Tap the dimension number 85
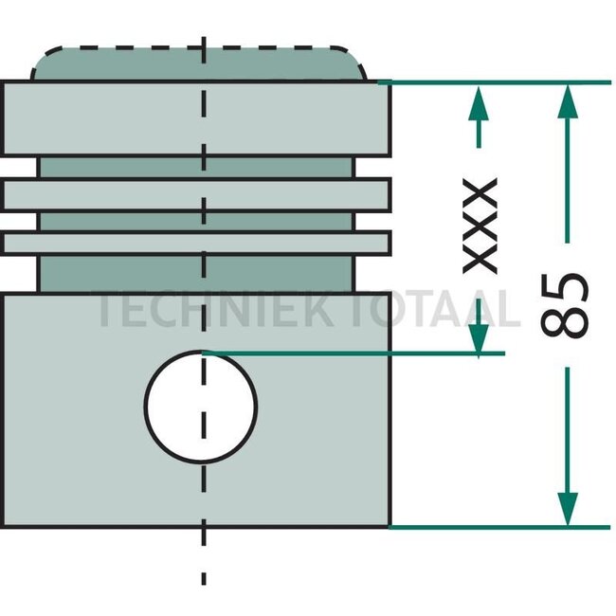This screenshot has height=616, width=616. click(565, 305)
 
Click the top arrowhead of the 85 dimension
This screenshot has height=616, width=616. click(567, 100)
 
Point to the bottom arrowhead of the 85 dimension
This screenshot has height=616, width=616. click(567, 509)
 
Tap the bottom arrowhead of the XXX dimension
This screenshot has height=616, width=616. click(479, 336)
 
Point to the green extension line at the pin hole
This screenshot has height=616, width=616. click(379, 353)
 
